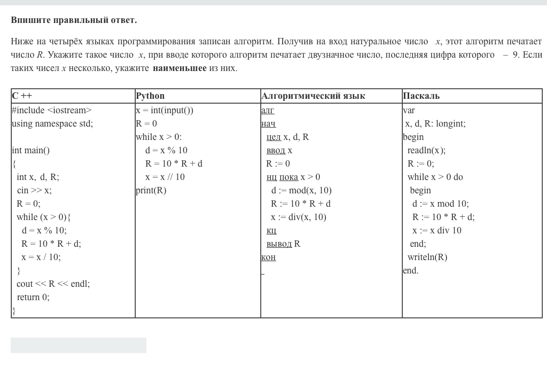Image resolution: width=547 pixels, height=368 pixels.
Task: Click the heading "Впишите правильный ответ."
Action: pos(74,20)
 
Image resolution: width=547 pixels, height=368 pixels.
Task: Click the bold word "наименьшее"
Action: pos(179,68)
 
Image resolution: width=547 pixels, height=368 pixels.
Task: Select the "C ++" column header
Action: pos(22,96)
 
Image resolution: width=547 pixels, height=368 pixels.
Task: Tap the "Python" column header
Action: pos(150,96)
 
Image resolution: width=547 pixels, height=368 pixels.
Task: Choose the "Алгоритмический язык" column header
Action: pos(313,96)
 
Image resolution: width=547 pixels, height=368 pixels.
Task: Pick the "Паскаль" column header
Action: pos(421,96)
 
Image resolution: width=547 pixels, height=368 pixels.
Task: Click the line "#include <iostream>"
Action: pos(52,111)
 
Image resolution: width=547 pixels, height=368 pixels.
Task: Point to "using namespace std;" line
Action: pos(52,124)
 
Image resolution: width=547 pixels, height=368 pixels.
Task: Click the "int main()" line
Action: pos(31,151)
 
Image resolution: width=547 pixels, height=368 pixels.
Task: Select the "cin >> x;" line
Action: pos(34,191)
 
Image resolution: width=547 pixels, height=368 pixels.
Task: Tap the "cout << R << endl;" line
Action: pos(53,284)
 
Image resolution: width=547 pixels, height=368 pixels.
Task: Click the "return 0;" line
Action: pos(33,297)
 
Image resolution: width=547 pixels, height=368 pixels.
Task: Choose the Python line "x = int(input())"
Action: pos(165,111)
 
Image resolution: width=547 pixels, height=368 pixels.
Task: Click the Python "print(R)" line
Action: pos(151,191)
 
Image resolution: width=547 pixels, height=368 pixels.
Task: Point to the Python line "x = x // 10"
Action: pos(165,177)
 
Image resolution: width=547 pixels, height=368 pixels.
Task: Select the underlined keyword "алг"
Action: pos(268,111)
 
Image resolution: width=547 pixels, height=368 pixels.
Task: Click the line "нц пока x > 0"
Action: pos(293,177)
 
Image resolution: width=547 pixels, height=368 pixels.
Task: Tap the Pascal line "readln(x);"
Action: pos(426,151)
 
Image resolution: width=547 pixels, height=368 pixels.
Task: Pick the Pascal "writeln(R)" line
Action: pos(427,257)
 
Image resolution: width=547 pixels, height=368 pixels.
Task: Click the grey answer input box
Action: pos(79,345)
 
